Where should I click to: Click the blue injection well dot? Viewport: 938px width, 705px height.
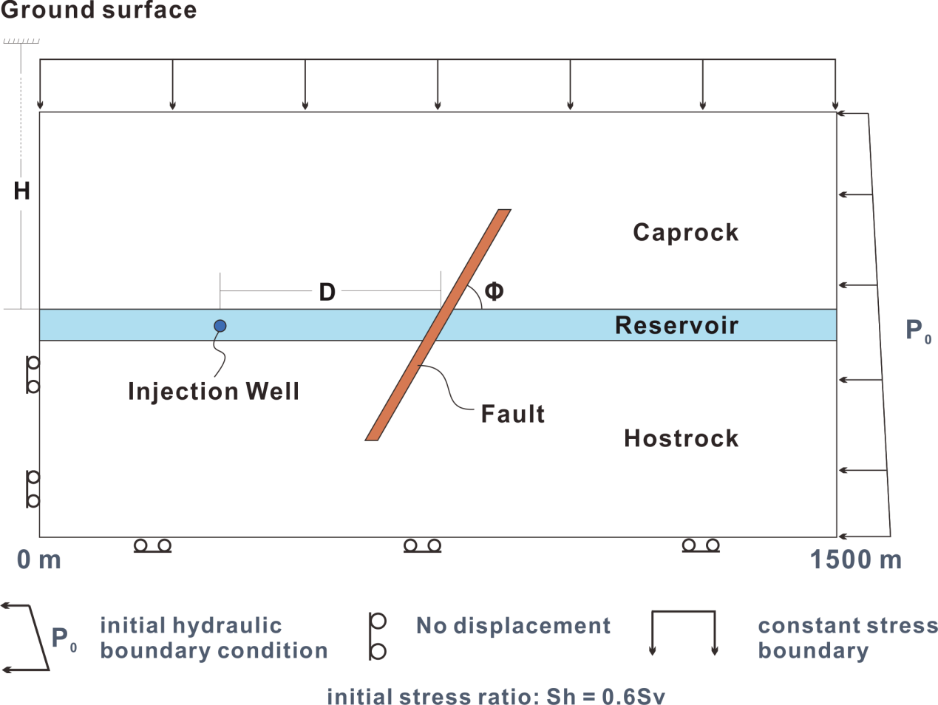click(x=220, y=326)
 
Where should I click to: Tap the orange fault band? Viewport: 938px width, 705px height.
click(x=438, y=324)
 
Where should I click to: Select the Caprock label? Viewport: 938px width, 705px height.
click(x=685, y=233)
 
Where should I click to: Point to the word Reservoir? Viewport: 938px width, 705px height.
click(x=676, y=326)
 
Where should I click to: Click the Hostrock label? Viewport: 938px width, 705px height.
click(x=682, y=438)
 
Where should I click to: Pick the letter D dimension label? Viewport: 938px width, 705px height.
click(x=327, y=292)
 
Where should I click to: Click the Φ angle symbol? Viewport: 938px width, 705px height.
click(x=494, y=291)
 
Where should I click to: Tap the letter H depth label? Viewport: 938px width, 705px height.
click(x=21, y=191)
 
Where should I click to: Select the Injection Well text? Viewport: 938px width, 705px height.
click(x=214, y=391)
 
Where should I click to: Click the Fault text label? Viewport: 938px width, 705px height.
click(x=513, y=414)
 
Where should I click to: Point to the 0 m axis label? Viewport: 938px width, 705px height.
click(x=38, y=559)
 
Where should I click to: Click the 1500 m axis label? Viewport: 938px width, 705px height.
click(x=855, y=559)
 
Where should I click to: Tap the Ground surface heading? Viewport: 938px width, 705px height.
click(x=99, y=10)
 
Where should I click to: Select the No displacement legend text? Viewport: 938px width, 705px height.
click(x=513, y=626)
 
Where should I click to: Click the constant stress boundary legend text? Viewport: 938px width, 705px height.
click(x=848, y=638)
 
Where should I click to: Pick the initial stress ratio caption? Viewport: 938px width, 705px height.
click(x=496, y=696)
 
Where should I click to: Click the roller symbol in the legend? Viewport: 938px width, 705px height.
click(x=377, y=636)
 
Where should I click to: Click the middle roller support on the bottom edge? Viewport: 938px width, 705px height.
click(x=422, y=546)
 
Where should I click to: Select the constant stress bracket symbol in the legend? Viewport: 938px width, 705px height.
click(x=683, y=612)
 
